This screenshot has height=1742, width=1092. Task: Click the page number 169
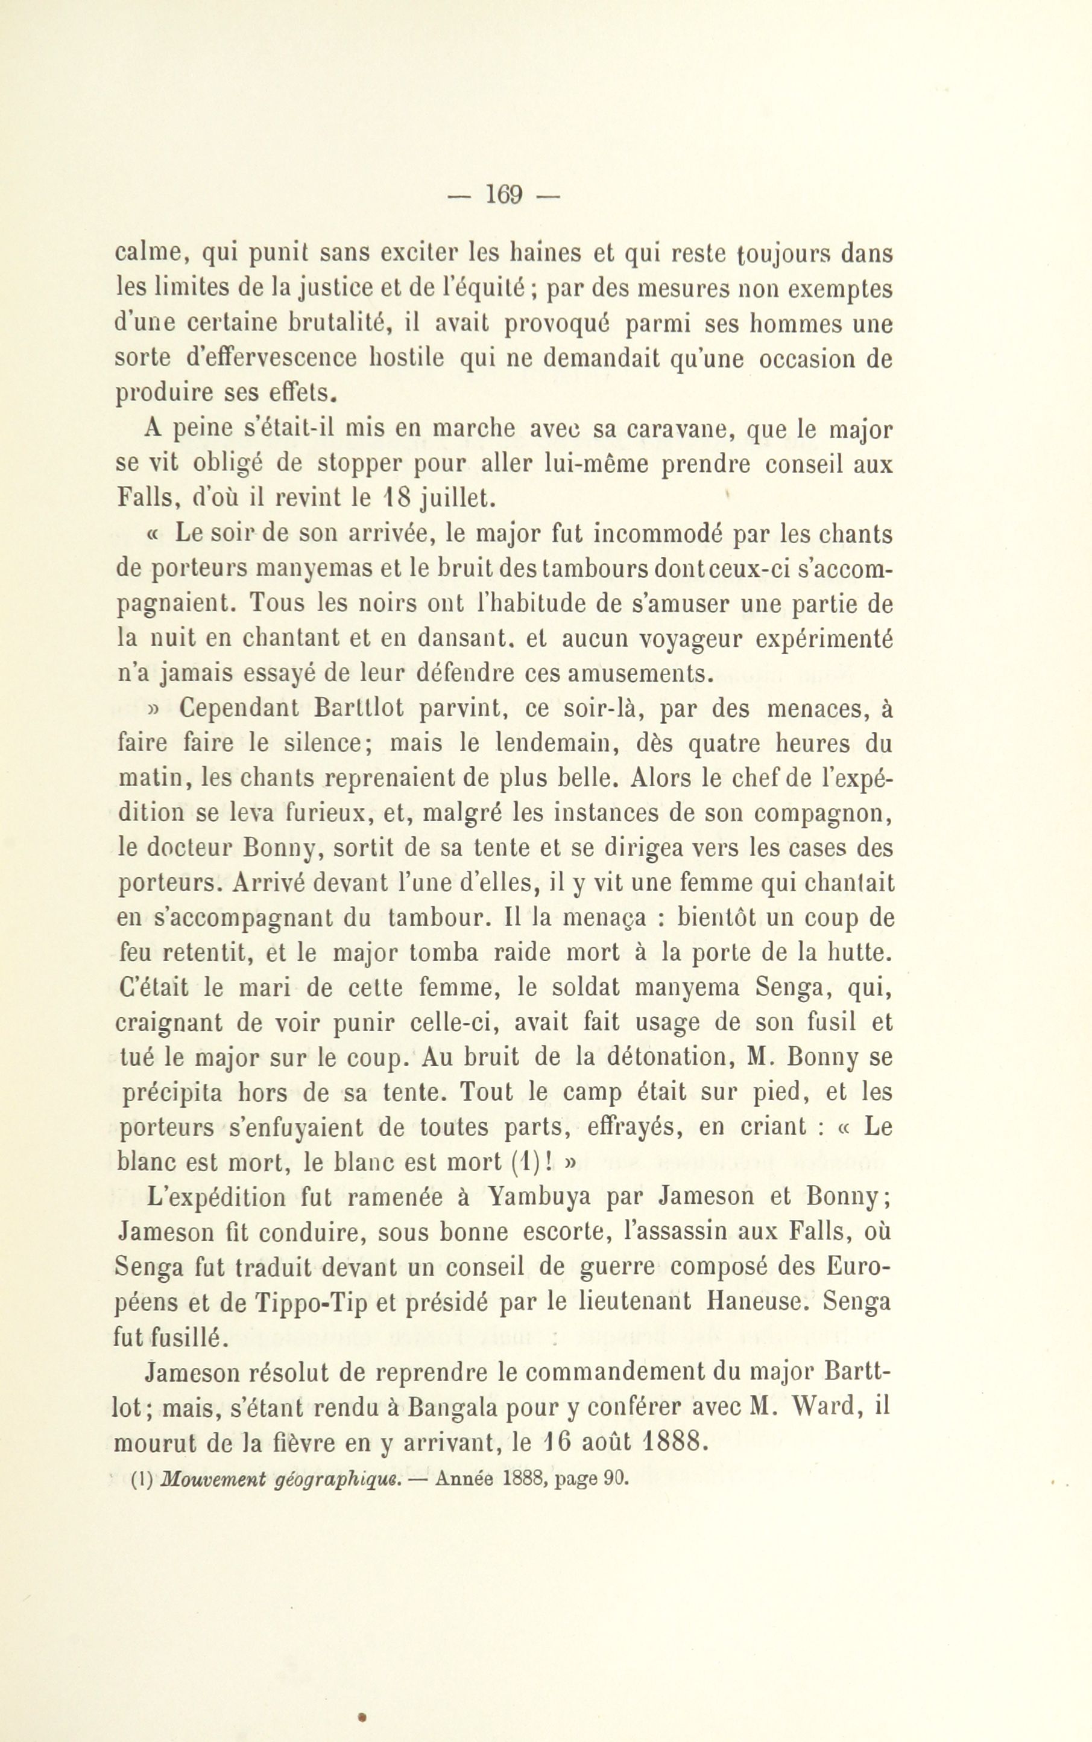(504, 194)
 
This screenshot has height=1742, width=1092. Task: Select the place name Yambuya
(539, 1197)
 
